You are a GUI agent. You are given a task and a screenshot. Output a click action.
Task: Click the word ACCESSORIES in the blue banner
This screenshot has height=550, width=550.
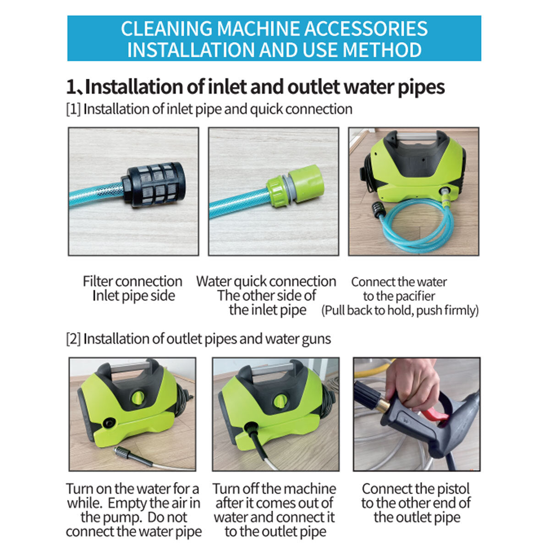point(366,28)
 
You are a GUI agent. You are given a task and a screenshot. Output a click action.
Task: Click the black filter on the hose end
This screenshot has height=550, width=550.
point(154,185)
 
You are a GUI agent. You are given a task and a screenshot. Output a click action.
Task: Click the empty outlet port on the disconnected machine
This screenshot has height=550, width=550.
point(110,422)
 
